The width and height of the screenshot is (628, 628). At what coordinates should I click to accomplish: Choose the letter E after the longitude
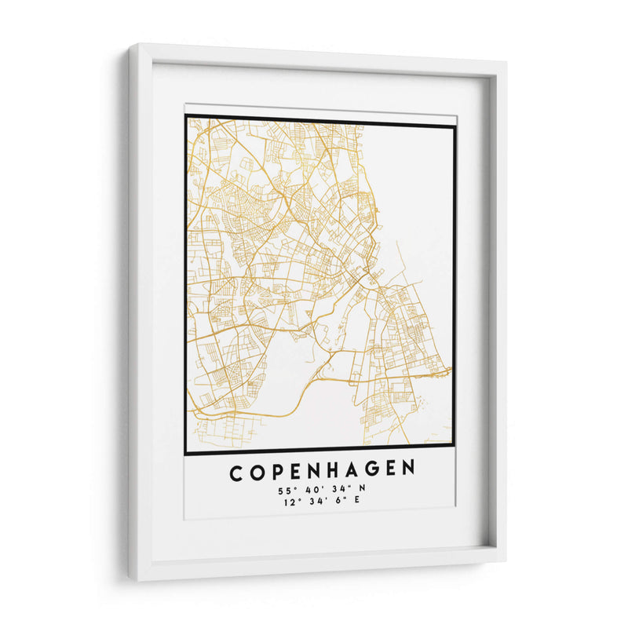point(358,502)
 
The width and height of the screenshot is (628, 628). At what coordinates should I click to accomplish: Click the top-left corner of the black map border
point(186,117)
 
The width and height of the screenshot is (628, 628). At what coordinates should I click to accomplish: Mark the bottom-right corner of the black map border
point(455,453)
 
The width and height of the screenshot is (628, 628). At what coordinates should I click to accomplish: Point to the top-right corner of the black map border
point(455,126)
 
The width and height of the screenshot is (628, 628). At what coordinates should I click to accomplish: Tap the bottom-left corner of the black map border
point(186,453)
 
